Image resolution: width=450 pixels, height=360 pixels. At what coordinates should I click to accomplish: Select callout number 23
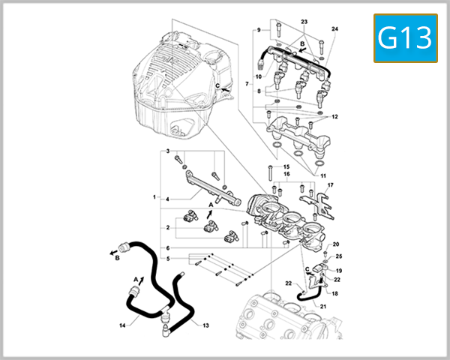coord(304,22)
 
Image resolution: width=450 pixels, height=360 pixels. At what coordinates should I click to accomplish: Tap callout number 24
coord(334,29)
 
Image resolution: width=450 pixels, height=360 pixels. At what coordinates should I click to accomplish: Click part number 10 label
coord(256,76)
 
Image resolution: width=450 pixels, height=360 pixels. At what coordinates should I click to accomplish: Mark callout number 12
coord(334,118)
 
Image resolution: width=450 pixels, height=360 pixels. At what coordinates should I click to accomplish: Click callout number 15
coord(285,166)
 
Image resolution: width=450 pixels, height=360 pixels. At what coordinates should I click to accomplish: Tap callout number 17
coord(330,184)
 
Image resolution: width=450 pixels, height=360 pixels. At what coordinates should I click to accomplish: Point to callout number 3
coord(168,151)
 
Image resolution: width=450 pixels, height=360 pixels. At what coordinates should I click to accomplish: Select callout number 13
coord(206,325)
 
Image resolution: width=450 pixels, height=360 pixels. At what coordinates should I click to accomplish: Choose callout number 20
coord(336,244)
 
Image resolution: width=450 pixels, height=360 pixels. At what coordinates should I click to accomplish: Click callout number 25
coord(338,256)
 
